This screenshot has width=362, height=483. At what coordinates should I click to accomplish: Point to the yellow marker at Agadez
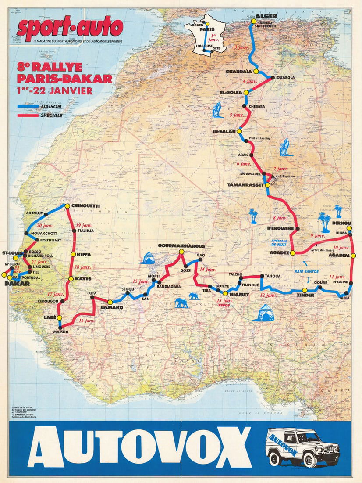pyautogui.click(x=292, y=253)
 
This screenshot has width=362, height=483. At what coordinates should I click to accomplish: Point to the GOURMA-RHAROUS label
pyautogui.click(x=181, y=246)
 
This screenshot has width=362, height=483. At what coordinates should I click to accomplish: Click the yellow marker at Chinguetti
pyautogui.click(x=67, y=205)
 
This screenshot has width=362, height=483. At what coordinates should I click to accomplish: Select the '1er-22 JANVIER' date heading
pyautogui.click(x=54, y=91)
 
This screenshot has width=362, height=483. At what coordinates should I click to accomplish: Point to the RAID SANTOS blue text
pyautogui.click(x=306, y=272)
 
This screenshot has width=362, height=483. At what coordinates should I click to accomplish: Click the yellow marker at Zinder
pyautogui.click(x=305, y=290)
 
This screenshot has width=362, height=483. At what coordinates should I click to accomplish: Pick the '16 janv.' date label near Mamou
pyautogui.click(x=87, y=321)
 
